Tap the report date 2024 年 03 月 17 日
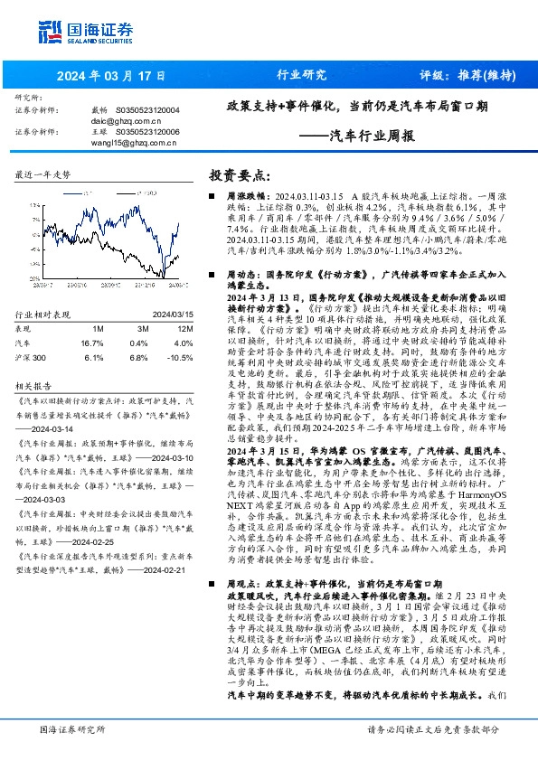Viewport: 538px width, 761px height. (112, 76)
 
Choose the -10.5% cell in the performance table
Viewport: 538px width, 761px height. (183, 358)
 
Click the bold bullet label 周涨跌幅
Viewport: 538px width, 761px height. (242, 195)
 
